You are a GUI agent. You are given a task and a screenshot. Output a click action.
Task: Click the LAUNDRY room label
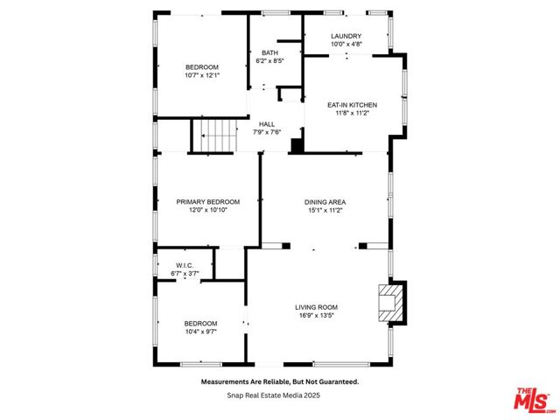tap(346, 36)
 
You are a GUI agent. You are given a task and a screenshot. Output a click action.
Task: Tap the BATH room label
tap(269, 52)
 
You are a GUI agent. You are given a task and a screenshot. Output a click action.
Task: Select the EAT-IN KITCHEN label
tap(352, 105)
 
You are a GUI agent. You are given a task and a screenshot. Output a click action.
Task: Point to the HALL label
tap(267, 124)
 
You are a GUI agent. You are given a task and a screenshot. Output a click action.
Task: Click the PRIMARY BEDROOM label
tap(208, 202)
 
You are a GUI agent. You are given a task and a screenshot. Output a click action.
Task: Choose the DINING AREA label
tap(325, 202)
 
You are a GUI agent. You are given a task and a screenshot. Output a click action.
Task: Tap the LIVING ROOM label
tap(316, 307)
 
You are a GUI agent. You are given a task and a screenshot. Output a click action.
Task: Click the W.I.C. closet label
tap(185, 266)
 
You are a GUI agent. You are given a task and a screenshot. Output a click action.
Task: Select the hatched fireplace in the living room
tap(391, 303)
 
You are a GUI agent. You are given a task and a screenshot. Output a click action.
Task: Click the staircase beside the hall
tap(216, 136)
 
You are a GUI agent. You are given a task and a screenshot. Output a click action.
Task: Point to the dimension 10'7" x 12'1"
tap(202, 75)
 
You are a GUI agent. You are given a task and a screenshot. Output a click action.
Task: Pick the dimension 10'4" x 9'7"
tap(200, 332)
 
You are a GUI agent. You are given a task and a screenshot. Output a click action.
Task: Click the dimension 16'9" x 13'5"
tap(317, 315)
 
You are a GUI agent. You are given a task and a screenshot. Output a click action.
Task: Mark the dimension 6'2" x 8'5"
tap(269, 61)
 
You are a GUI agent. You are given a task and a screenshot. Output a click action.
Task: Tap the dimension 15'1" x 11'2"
tap(325, 210)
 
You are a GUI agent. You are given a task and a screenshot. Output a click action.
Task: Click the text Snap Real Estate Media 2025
tap(274, 395)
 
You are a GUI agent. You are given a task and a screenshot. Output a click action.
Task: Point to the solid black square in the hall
tap(297, 146)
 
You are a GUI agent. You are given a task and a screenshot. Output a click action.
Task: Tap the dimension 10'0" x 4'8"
tap(346, 45)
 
